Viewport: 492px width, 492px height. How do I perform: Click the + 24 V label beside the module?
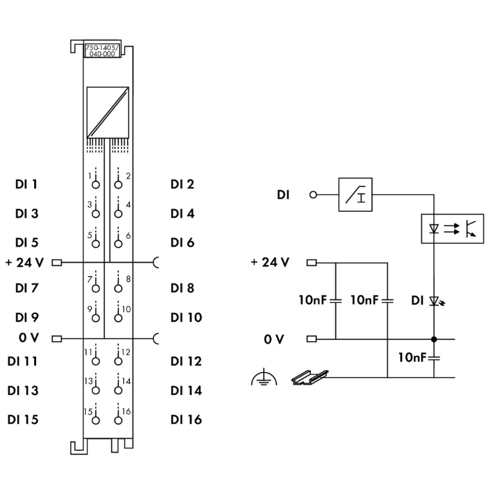24,263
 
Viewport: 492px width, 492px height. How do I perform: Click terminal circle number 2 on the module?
117,184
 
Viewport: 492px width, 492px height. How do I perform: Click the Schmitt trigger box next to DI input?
355,194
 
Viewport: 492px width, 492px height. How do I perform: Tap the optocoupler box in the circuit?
452,229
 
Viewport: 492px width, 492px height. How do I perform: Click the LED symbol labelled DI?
434,300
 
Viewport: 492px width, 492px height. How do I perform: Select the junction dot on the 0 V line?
434,339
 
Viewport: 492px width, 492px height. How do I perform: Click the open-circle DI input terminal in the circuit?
313,194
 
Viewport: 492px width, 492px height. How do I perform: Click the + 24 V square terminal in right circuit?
312,263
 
